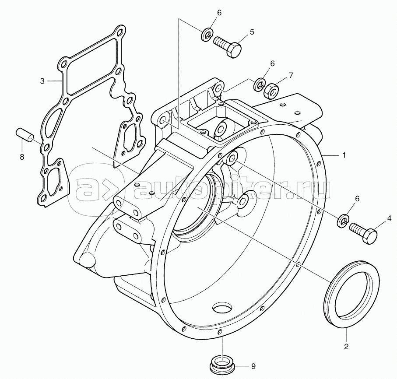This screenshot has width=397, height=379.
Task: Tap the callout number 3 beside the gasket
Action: (x=42, y=81)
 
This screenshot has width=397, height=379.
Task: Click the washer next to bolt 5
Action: (x=207, y=35)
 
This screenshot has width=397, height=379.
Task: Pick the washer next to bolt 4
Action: (x=344, y=221)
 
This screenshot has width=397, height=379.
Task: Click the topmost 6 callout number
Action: (x=219, y=12)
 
